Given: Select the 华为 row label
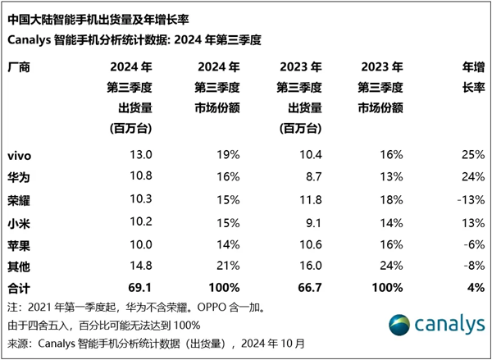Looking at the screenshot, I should (x=19, y=175).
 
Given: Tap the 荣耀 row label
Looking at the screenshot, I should (x=19, y=198).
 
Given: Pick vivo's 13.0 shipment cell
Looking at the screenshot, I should (x=138, y=154).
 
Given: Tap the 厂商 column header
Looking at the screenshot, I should (x=19, y=67).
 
